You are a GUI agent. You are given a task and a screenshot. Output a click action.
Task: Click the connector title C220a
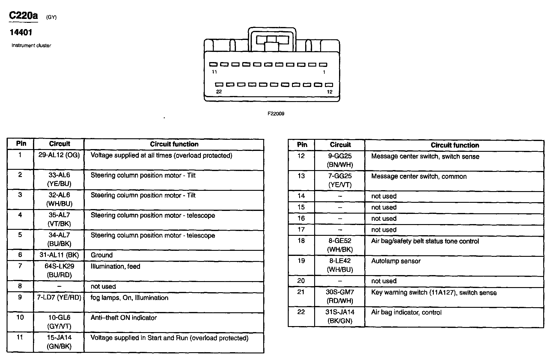pyautogui.click(x=23, y=16)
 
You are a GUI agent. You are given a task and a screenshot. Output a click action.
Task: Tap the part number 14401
pyautogui.click(x=21, y=32)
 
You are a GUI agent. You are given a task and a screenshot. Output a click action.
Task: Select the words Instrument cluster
pyautogui.click(x=31, y=46)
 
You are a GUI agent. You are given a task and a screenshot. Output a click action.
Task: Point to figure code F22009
pyautogui.click(x=276, y=114)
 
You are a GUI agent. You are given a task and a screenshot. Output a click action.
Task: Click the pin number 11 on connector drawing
pyautogui.click(x=214, y=72)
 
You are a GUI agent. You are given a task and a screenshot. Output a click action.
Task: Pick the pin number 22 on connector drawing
pyautogui.click(x=219, y=92)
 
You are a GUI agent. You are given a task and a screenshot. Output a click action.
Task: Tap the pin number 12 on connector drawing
pyautogui.click(x=329, y=92)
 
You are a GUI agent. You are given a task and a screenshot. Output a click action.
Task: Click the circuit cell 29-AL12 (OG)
pyautogui.click(x=59, y=155)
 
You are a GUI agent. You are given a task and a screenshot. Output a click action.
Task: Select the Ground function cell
pyautogui.click(x=102, y=255)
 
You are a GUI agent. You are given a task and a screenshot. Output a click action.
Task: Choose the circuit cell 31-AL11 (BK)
pyautogui.click(x=59, y=255)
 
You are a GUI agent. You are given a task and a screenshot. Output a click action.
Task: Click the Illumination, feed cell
pyautogui.click(x=115, y=266)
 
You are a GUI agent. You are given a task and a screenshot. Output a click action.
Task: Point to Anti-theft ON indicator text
pyautogui.click(x=124, y=318)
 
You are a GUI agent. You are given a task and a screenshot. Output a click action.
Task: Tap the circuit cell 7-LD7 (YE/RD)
pyautogui.click(x=59, y=298)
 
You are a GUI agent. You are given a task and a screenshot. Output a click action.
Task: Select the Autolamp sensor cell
pyautogui.click(x=396, y=261)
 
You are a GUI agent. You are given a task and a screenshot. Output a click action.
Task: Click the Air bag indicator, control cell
pyautogui.click(x=406, y=313)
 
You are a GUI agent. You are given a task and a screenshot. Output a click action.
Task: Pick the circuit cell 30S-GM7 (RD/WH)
pyautogui.click(x=340, y=296)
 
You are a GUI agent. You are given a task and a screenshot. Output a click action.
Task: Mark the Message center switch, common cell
pyautogui.click(x=419, y=176)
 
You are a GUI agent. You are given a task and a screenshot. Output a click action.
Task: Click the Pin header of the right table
pyautogui.click(x=302, y=145)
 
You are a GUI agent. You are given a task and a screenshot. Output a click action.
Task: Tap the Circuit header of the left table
pyautogui.click(x=59, y=144)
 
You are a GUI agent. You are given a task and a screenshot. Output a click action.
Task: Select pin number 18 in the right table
pyautogui.click(x=301, y=241)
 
